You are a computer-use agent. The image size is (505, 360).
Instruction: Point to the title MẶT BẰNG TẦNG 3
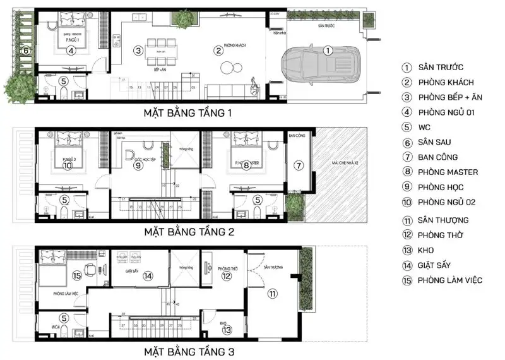point(189,351)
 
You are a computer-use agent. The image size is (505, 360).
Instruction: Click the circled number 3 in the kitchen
point(138,49)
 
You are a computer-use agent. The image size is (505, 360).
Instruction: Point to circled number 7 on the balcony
point(299,165)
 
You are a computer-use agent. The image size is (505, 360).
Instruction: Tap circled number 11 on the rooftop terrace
point(272,293)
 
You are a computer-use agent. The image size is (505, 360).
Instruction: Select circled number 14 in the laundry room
point(147,275)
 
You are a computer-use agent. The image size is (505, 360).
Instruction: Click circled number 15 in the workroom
point(77,275)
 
